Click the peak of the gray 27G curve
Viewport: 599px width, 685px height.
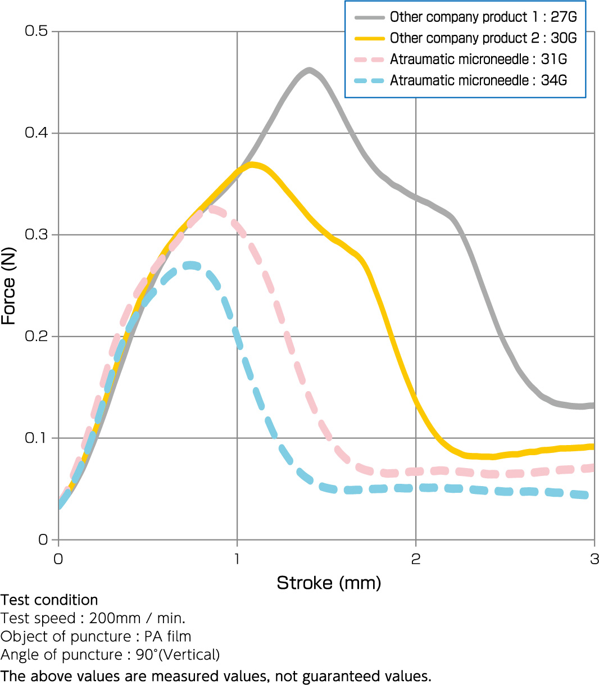click(309, 70)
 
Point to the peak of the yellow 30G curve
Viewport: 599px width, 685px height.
click(252, 164)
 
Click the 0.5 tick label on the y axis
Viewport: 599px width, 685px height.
click(37, 31)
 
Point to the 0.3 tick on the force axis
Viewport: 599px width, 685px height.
click(37, 235)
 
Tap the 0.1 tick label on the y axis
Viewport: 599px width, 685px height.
click(37, 438)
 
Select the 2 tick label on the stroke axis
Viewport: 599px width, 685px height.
click(415, 559)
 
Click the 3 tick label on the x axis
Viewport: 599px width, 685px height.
click(593, 559)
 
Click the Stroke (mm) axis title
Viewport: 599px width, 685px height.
click(329, 583)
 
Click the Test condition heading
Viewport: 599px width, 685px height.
click(49, 600)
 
